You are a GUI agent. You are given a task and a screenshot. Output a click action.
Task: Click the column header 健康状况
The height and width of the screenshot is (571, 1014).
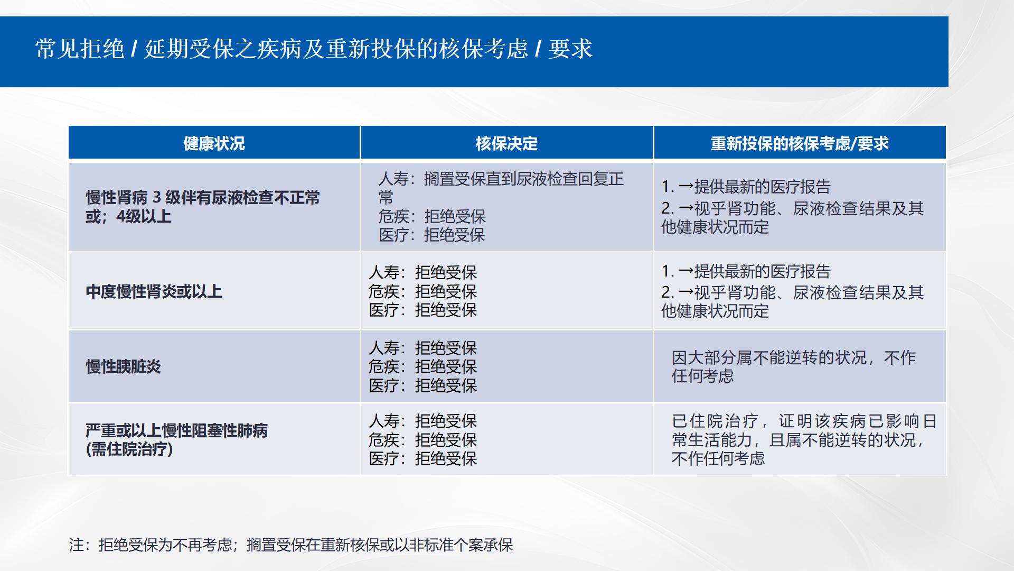214,143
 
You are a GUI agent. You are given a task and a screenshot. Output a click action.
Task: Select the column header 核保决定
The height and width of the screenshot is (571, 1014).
506,143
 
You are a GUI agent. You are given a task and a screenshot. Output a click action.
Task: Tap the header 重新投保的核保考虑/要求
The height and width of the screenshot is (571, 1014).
800,143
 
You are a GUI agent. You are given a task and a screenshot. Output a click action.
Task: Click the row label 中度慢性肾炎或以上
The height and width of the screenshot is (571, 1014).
154,291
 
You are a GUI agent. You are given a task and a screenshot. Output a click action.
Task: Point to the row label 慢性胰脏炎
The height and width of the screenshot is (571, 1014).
124,366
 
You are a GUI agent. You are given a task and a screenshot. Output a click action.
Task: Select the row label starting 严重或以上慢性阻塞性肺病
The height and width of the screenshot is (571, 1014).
176,439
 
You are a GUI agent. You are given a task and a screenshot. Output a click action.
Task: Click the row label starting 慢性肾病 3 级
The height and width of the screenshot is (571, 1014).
203,207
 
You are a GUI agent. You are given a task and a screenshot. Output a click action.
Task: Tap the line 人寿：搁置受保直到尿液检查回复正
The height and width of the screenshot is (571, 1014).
501,179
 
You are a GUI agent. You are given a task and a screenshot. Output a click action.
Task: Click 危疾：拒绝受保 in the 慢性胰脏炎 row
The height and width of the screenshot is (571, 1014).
422,366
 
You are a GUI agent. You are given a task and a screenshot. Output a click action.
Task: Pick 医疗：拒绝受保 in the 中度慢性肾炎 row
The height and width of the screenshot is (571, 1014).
422,310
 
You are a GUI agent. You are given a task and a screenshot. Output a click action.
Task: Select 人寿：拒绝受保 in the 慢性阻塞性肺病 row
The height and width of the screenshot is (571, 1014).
422,421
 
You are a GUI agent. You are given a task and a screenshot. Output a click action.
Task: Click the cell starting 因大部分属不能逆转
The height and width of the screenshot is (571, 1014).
794,366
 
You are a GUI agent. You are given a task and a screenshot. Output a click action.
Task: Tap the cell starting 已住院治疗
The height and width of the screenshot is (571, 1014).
804,439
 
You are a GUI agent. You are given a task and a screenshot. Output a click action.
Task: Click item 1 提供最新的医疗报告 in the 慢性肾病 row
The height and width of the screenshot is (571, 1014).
746,186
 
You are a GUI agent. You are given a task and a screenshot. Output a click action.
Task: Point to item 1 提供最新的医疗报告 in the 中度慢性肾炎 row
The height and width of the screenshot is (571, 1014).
746,271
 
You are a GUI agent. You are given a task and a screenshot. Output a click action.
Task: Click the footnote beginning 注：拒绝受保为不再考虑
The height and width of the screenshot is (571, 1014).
290,545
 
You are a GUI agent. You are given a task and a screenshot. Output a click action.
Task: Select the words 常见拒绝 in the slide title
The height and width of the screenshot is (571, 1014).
80,49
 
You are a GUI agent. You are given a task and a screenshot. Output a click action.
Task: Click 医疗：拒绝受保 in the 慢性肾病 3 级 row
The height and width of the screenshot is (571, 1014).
431,235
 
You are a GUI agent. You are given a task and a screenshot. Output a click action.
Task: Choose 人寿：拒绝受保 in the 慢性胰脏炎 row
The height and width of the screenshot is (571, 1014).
422,348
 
